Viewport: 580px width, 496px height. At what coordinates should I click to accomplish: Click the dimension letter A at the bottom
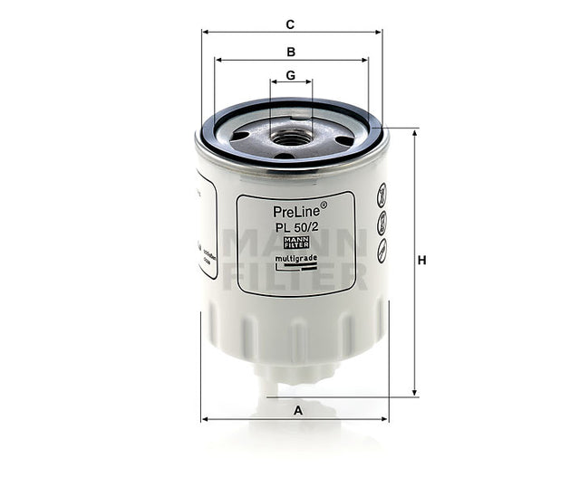point(297,410)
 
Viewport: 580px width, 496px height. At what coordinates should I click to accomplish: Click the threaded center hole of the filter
point(290,138)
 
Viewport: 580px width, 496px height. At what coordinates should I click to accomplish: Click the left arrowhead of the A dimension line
point(204,420)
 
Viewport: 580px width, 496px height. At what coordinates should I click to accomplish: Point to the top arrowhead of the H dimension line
point(415,132)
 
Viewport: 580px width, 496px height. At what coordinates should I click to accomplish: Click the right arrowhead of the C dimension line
point(379,32)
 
